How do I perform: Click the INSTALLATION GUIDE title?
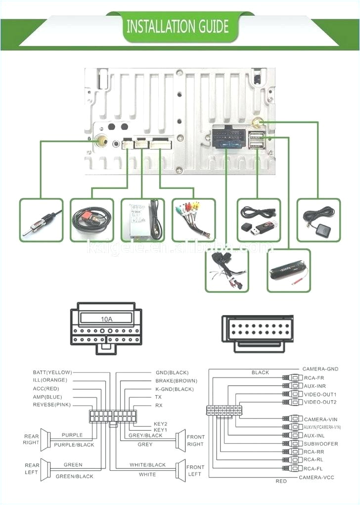[178, 26]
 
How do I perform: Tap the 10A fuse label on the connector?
[107, 319]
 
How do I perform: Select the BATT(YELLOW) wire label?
[52, 372]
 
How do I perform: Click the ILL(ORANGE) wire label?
[50, 380]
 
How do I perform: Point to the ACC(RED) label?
[47, 389]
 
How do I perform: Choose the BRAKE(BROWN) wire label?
[176, 381]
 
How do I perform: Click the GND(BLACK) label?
[172, 372]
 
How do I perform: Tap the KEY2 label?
[160, 424]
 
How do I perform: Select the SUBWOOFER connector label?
[321, 444]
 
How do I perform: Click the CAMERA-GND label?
[320, 369]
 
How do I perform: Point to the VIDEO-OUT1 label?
[320, 394]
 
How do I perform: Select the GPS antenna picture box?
[318, 220]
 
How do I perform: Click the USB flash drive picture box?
[259, 220]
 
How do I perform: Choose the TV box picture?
[142, 220]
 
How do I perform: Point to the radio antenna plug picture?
[42, 220]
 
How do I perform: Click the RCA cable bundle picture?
[193, 220]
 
